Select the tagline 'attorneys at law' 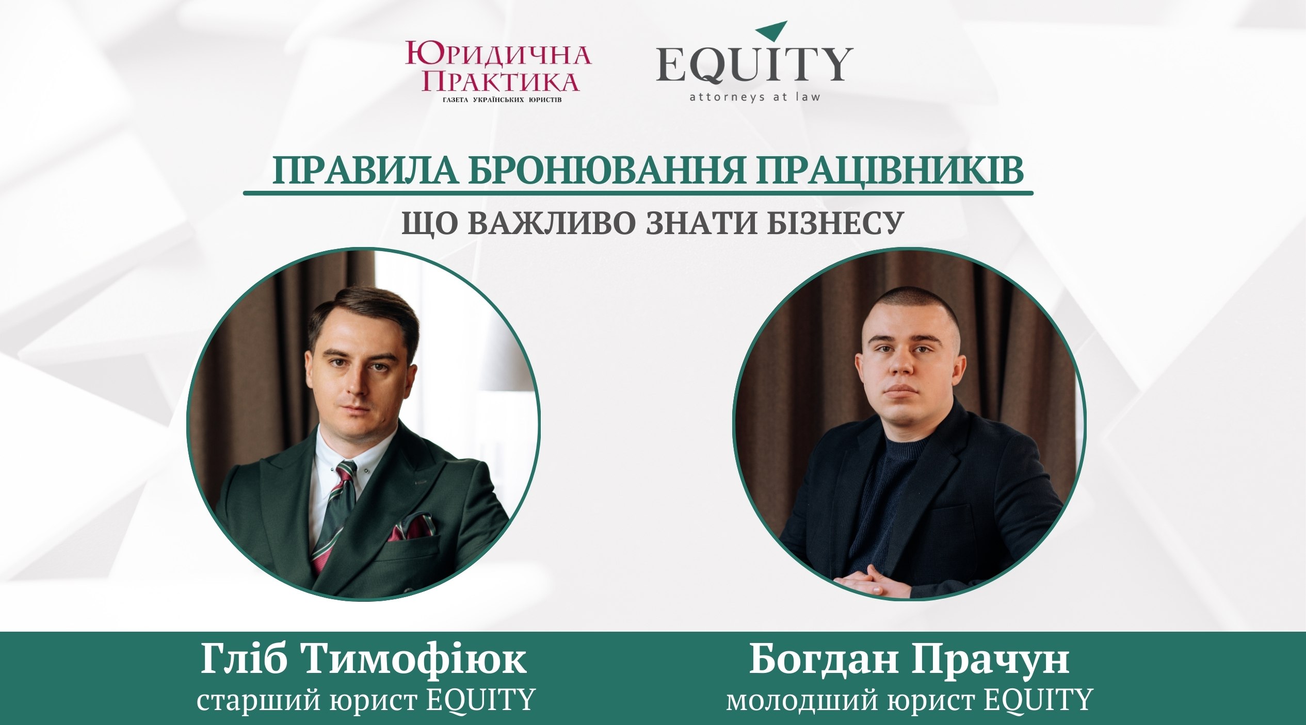point(755,96)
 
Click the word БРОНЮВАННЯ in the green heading point(606,171)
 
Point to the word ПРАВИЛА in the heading point(365,171)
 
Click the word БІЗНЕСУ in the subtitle point(835,224)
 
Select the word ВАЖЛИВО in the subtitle point(552,224)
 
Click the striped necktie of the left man point(336,516)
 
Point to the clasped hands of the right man point(868,581)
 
